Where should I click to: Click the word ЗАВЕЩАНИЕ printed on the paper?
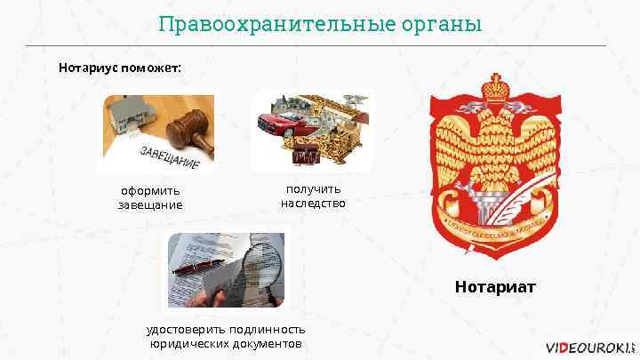click(x=169, y=159)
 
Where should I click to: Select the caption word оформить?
click(x=150, y=190)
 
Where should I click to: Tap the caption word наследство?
click(x=313, y=203)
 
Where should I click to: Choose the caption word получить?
click(x=313, y=188)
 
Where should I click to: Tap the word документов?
click(x=268, y=343)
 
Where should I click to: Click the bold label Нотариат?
click(x=496, y=286)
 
